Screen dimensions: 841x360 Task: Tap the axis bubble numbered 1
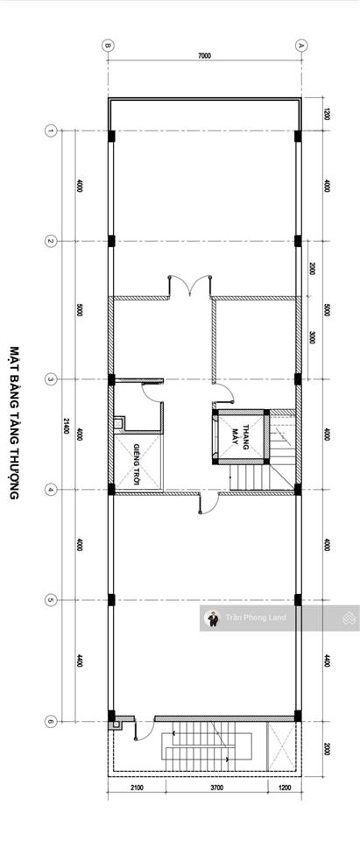[x=51, y=131]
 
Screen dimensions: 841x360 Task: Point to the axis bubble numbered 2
[x=51, y=241]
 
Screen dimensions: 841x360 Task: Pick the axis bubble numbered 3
[x=51, y=379]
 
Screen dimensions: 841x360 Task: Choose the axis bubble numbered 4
[x=51, y=490]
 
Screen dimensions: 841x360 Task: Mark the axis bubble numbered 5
[x=51, y=600]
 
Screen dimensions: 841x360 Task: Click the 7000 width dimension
[x=204, y=56]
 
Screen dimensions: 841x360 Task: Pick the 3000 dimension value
[x=313, y=338]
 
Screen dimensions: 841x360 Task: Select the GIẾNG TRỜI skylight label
[x=138, y=460]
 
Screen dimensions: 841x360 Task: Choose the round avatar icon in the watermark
[x=212, y=618]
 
